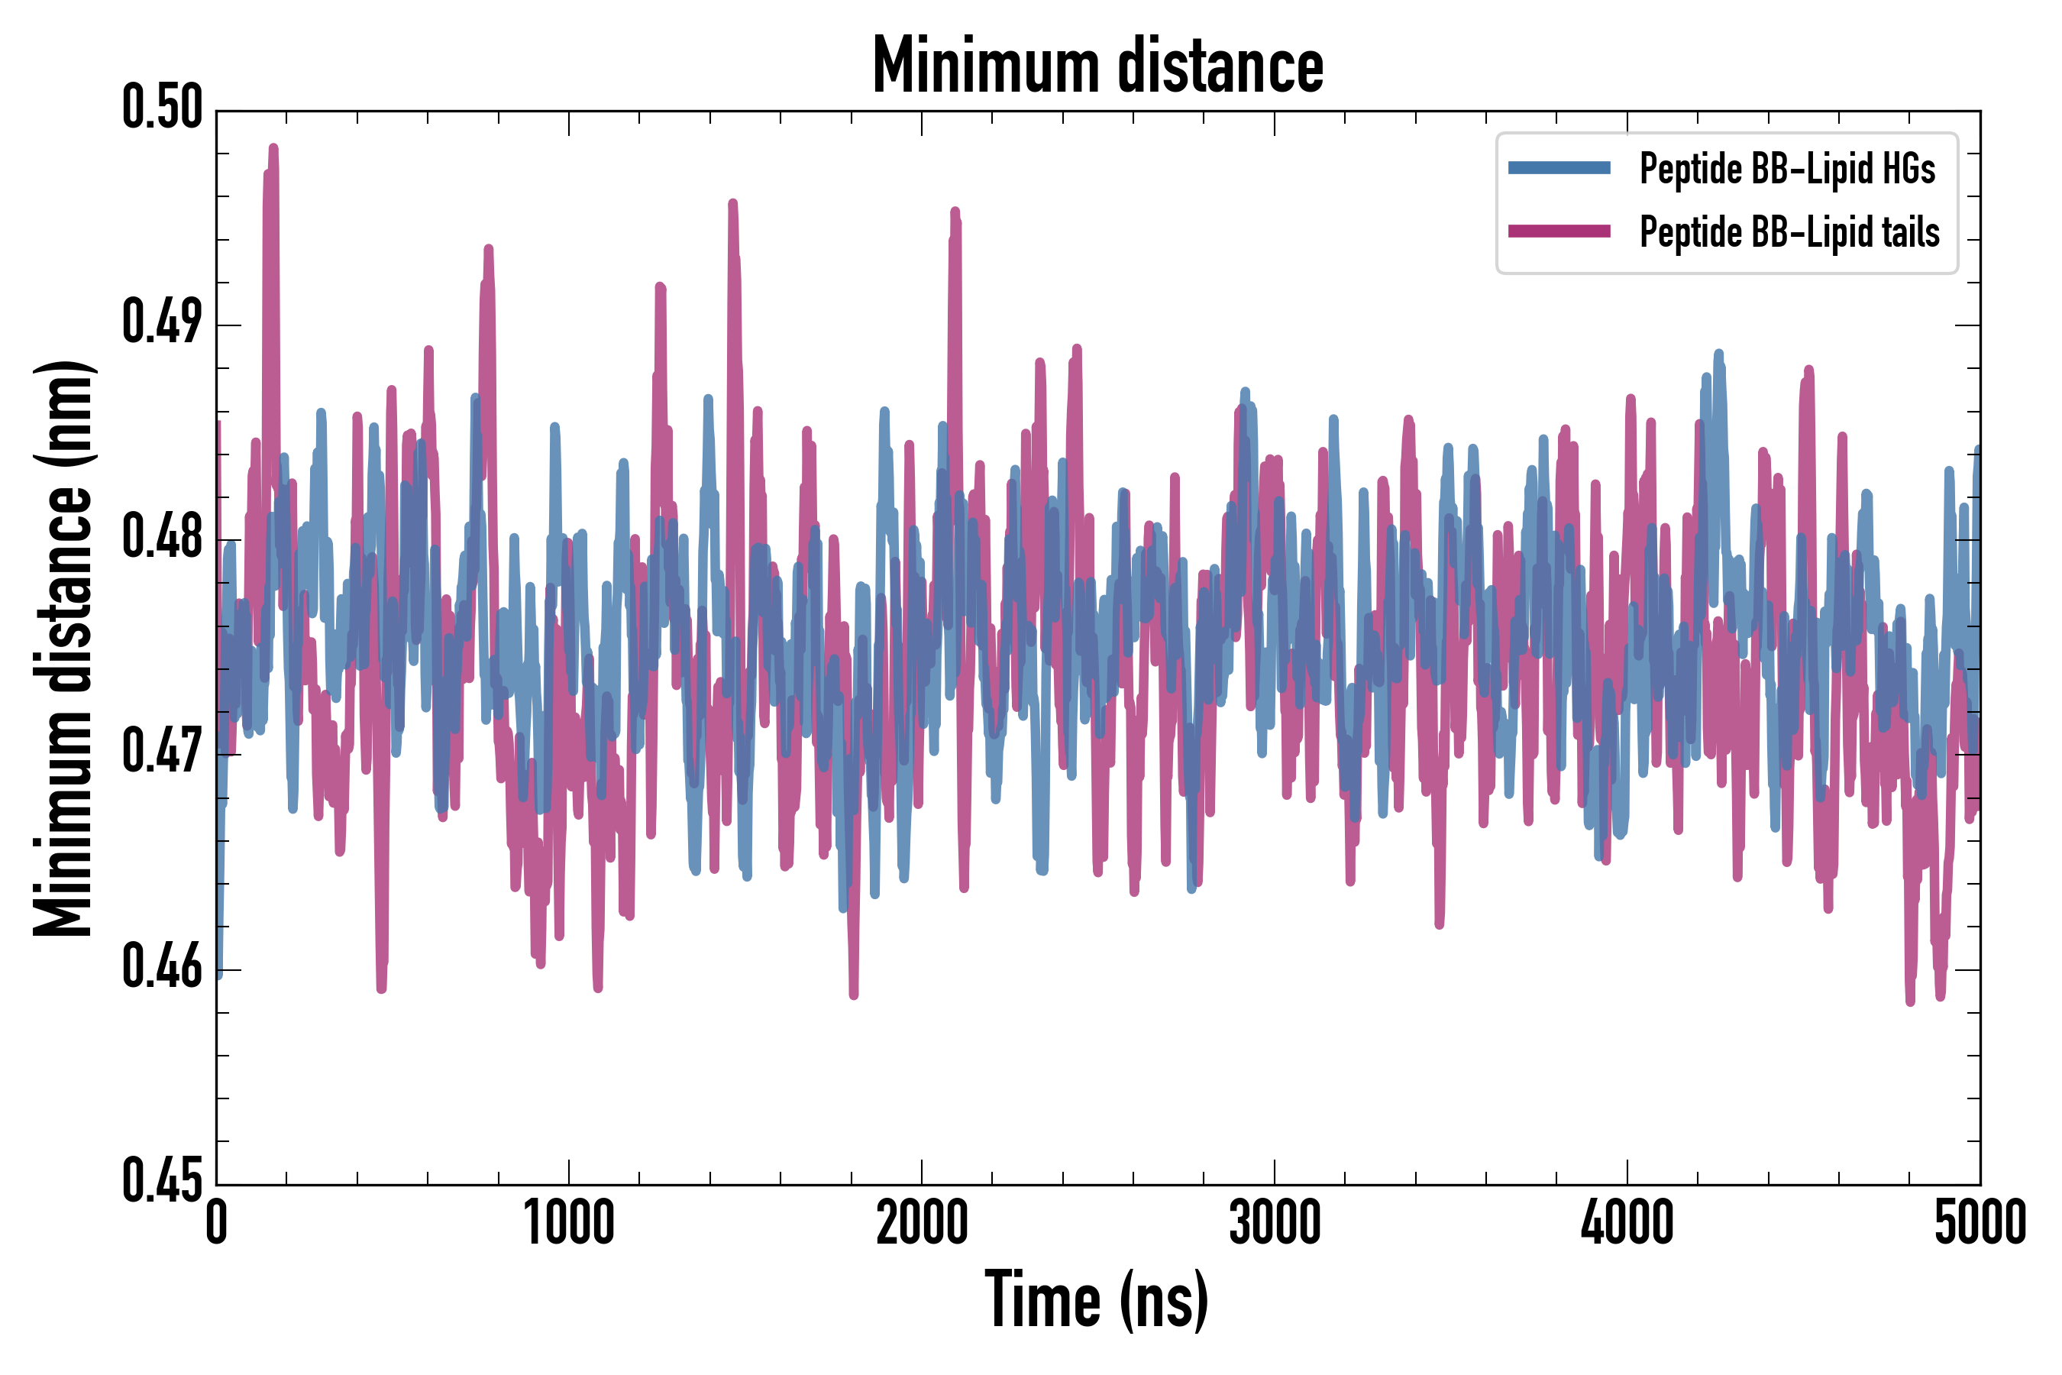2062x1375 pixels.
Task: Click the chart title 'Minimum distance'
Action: click(x=1097, y=66)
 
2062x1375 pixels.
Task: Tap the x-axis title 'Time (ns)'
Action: click(x=1097, y=1300)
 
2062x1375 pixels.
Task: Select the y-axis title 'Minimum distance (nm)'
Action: click(x=63, y=648)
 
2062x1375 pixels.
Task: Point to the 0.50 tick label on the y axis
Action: click(x=162, y=108)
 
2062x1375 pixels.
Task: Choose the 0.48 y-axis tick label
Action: click(x=162, y=538)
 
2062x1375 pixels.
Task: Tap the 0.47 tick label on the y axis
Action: click(x=162, y=752)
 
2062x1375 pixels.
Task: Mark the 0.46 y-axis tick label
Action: click(x=162, y=967)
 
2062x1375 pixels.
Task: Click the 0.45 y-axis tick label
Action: click(x=162, y=1182)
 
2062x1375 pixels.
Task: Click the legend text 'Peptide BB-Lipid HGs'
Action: click(x=1787, y=168)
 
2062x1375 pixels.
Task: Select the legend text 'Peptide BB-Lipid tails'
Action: click(x=1789, y=232)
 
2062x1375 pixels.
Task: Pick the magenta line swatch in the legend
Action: click(x=1559, y=231)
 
